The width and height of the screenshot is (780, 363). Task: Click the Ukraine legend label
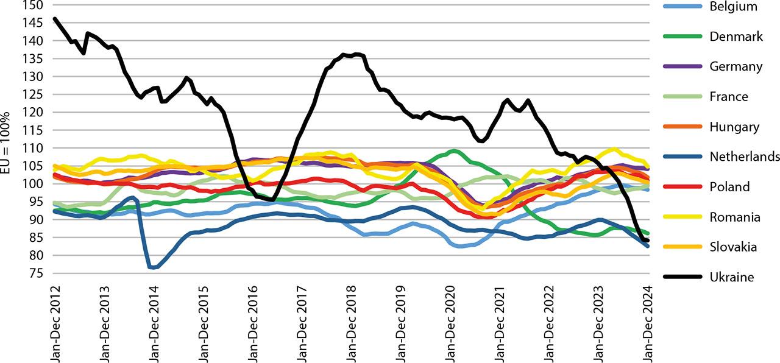click(x=732, y=277)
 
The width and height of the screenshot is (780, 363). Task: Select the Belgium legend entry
click(x=733, y=7)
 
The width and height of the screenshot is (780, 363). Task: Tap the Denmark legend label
click(x=736, y=37)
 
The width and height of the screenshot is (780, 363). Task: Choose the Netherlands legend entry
click(x=745, y=157)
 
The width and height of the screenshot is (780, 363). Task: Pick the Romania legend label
click(x=735, y=217)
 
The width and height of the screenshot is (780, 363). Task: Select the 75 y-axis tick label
click(x=36, y=273)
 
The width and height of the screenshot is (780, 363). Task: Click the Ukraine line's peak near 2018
click(x=355, y=54)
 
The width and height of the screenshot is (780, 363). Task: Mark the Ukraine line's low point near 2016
click(x=272, y=200)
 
